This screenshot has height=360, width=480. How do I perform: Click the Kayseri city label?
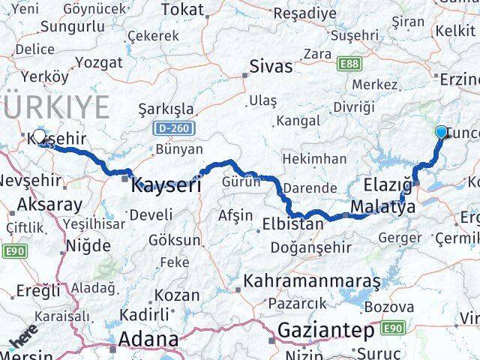tap(166, 184)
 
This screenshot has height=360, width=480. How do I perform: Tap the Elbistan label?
tap(293, 223)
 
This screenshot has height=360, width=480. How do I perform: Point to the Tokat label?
tap(183, 10)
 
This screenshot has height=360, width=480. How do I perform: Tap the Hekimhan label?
tap(314, 159)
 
